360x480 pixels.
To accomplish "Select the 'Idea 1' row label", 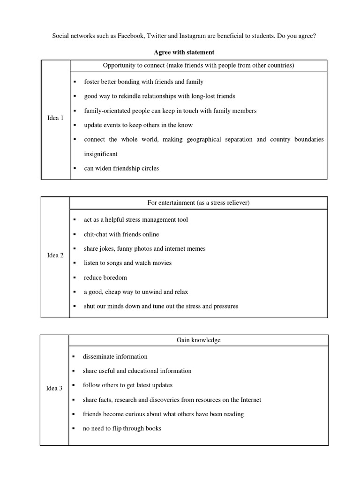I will pos(56,118).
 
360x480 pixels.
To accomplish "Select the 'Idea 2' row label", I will pos(56,255).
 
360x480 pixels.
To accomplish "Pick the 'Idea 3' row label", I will pos(54,388).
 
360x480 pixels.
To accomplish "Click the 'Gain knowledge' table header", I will pos(199,340).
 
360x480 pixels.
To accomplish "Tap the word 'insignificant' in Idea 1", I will pos(101,154).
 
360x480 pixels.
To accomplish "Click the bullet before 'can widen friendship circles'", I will pos(75,168).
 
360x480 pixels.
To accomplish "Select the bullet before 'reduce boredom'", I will pos(75,277).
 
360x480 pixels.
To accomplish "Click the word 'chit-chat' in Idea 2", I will pos(96,234).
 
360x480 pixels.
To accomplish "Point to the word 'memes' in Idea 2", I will pos(195,248).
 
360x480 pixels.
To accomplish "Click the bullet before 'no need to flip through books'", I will pos(74,428).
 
